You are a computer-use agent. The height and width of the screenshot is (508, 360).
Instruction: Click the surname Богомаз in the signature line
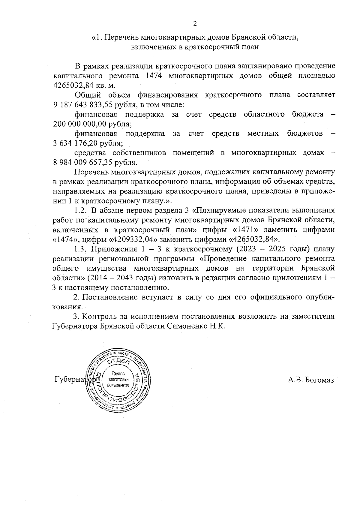[319, 380]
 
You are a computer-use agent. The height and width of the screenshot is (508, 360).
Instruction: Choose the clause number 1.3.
[81, 249]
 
